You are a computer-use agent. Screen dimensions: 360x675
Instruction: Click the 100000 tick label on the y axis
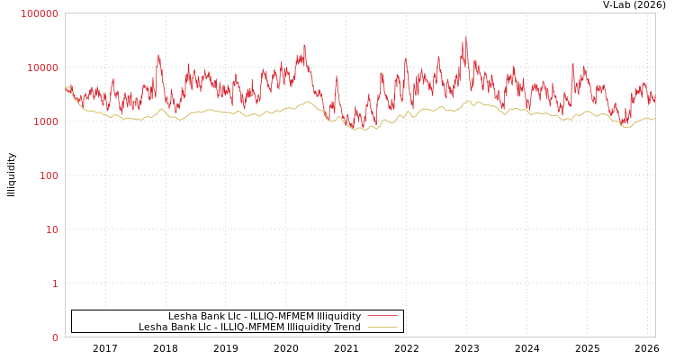coord(40,13)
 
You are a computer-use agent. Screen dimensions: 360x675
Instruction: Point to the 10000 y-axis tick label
coord(42,67)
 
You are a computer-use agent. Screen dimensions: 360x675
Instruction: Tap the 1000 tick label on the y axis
coord(45,121)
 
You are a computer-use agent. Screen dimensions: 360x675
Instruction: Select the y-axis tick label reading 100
coord(48,175)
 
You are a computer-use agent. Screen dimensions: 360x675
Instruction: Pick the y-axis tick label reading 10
coord(51,229)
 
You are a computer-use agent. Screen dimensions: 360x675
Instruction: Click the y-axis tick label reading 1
coord(54,283)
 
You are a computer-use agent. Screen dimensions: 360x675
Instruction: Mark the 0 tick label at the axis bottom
coord(54,337)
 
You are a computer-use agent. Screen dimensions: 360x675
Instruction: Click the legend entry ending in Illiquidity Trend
coord(249,327)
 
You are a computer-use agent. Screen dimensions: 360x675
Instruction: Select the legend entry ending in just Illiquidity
coord(265,316)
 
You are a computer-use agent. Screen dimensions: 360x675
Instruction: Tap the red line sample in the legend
coord(382,316)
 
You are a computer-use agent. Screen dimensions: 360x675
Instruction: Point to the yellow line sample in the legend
coord(382,327)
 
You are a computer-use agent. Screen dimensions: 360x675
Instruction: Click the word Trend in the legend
coord(346,327)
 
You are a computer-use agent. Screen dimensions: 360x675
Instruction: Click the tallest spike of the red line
coord(465,38)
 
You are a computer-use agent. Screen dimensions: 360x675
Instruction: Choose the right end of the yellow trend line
coord(654,119)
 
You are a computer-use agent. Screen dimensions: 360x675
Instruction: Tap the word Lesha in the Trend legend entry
coord(152,327)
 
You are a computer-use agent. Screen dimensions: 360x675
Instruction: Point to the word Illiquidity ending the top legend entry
coord(336,316)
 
